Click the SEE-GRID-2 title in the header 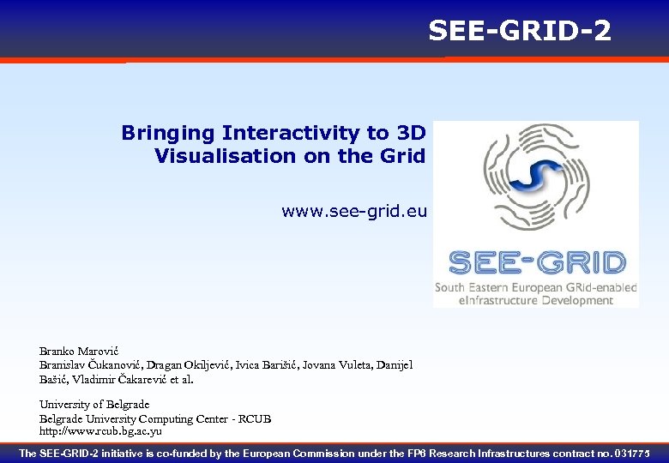(520, 31)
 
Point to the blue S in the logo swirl (534, 172)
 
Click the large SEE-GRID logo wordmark (537, 262)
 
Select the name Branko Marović (78, 352)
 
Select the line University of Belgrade (94, 404)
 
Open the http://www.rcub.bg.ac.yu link (100, 431)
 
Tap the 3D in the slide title (411, 133)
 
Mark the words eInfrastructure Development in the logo (536, 300)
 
